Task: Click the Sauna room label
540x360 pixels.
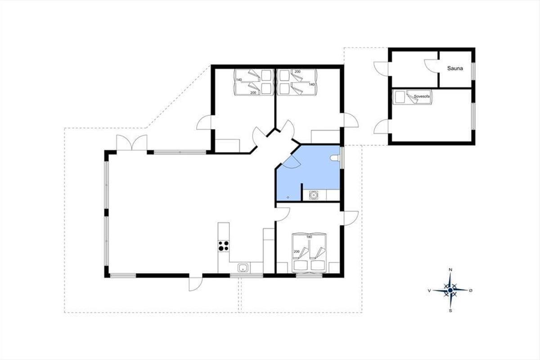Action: click(455, 68)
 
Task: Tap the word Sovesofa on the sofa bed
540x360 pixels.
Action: click(422, 96)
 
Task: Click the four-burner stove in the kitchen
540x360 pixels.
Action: click(224, 246)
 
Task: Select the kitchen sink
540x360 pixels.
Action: click(243, 268)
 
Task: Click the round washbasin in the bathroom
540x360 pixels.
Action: click(314, 194)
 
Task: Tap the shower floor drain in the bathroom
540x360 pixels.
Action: click(288, 198)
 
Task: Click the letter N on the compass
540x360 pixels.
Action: click(450, 270)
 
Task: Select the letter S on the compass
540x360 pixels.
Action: click(450, 311)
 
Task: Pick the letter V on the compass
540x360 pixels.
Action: click(429, 291)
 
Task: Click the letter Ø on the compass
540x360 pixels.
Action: click(471, 291)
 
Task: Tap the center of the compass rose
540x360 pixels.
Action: click(450, 290)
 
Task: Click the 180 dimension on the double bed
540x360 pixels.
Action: click(309, 237)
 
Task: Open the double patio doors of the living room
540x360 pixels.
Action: click(131, 143)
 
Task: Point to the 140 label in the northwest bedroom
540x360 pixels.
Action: click(239, 80)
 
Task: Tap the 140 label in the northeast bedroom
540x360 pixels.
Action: click(312, 85)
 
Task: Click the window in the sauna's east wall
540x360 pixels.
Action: click(473, 71)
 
